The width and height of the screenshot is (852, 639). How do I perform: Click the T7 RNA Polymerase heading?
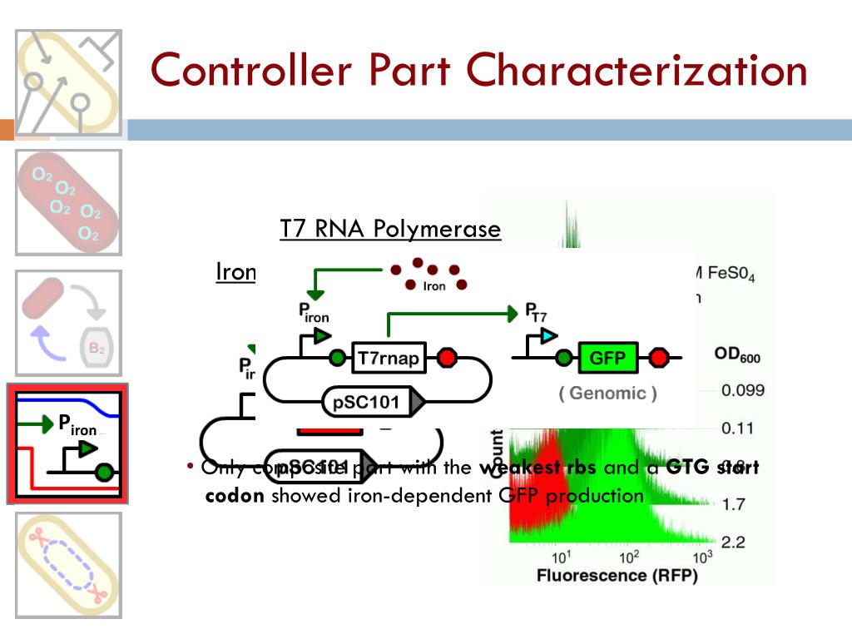click(390, 229)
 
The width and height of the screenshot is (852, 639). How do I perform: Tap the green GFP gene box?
click(607, 359)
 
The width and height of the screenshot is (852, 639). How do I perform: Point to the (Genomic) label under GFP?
click(607, 394)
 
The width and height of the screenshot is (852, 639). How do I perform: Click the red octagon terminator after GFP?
click(660, 359)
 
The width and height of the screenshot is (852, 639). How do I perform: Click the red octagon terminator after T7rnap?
click(448, 359)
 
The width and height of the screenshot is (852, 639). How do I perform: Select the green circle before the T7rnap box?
click(337, 359)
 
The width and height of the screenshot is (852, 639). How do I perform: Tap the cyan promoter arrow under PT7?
click(547, 336)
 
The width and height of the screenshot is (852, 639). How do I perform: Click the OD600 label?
click(737, 356)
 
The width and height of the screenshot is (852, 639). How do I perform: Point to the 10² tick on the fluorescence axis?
click(630, 557)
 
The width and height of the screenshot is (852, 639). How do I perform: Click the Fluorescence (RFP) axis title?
click(617, 576)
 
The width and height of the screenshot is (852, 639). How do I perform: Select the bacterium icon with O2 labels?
click(68, 202)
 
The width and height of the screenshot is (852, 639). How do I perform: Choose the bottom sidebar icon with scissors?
click(68, 565)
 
